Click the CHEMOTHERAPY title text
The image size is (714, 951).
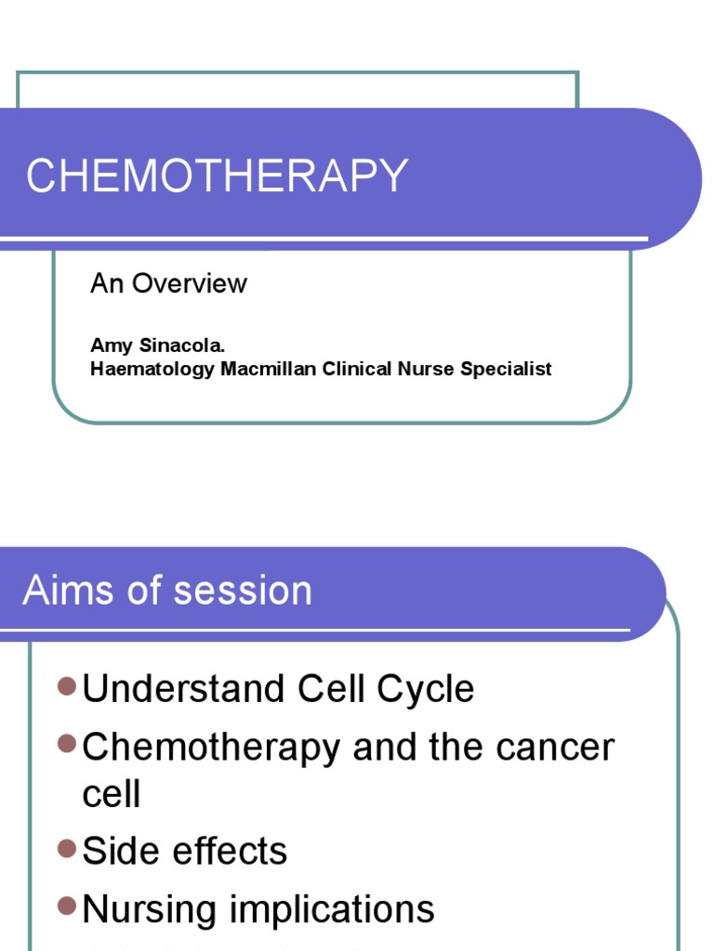[217, 176]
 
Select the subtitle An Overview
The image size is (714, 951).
[168, 283]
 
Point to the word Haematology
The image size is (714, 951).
[152, 369]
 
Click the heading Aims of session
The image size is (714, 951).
[167, 591]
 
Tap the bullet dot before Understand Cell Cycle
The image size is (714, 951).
[66, 686]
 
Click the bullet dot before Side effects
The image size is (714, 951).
[66, 848]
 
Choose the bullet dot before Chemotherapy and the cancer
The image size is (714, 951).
[66, 743]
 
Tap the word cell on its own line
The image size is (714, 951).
[112, 795]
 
